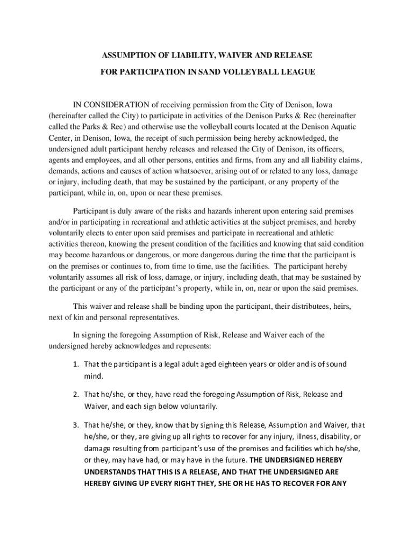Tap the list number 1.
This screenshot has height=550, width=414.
point(76,364)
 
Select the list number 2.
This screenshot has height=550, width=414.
point(76,394)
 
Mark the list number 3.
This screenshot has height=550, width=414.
point(76,425)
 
